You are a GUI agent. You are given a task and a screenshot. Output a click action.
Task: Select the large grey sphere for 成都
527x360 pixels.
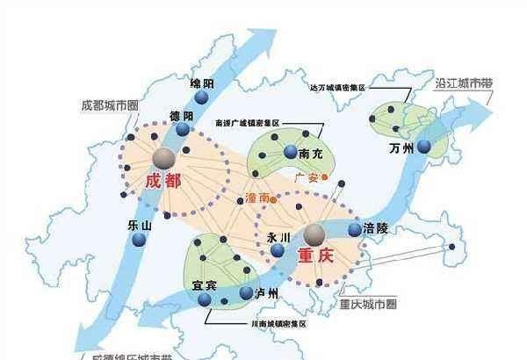[x=163, y=156]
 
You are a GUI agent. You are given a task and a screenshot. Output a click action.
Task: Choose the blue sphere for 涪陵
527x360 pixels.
[x=354, y=230]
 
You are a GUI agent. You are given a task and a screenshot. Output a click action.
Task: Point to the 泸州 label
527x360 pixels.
[x=265, y=293]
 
